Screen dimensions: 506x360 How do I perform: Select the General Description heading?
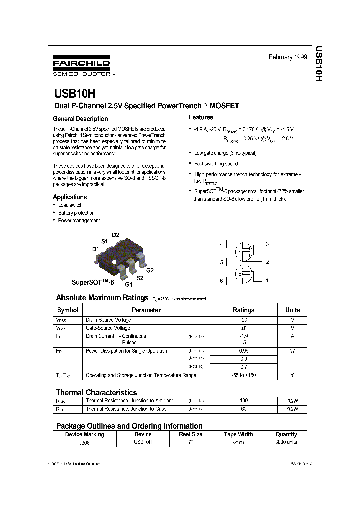[80, 119]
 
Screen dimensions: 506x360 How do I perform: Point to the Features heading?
[201, 117]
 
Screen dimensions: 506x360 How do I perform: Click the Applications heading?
[70, 197]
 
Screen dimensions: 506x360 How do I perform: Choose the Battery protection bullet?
[76, 213]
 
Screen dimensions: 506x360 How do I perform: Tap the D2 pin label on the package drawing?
[115, 235]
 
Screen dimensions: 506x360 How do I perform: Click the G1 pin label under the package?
[128, 284]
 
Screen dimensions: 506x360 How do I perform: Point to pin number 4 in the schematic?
[221, 244]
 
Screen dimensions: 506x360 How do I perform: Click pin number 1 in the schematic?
[267, 281]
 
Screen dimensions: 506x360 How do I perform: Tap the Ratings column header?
[244, 310]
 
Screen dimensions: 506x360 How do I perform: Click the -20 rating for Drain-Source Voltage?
[244, 320]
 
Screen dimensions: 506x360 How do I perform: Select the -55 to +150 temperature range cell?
[244, 375]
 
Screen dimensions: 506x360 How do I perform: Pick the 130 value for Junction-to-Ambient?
[244, 401]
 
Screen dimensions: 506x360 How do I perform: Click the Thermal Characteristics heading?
[96, 392]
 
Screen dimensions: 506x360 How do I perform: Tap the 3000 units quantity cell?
[286, 443]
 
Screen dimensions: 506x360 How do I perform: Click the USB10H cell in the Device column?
[143, 443]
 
